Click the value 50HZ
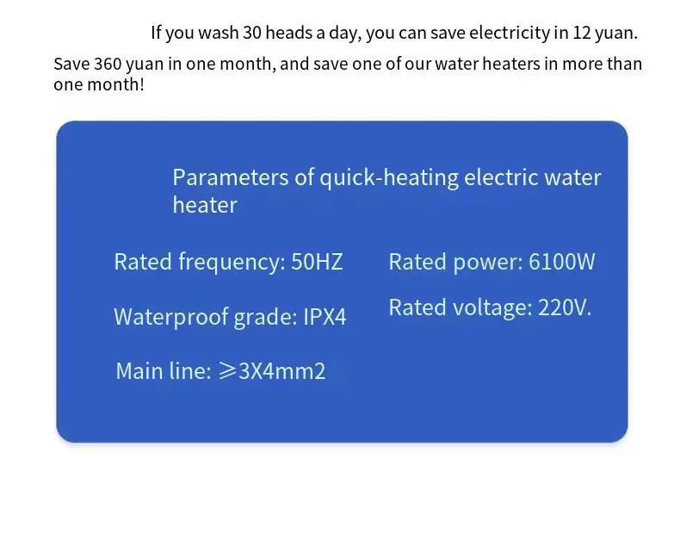317,262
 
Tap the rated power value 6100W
561,262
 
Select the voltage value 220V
565,307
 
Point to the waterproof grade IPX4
325,316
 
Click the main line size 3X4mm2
281,371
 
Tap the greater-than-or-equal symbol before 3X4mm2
227,371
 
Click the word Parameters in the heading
231,177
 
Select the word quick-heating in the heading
389,178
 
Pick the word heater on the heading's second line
205,205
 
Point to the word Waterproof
171,317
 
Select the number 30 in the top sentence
252,33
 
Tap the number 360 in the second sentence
108,64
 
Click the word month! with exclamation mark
116,84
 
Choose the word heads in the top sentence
288,33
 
